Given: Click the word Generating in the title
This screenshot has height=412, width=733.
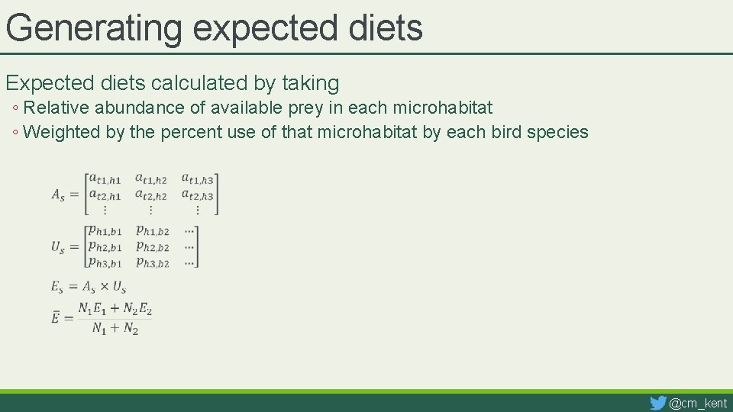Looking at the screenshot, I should tap(94, 28).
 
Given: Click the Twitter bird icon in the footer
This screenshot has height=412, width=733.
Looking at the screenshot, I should tap(657, 402).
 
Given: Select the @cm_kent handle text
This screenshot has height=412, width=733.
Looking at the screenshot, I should tap(698, 403).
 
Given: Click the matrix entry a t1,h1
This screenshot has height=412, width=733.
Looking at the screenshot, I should tap(105, 179).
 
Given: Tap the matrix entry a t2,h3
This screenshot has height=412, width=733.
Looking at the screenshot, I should tap(197, 195).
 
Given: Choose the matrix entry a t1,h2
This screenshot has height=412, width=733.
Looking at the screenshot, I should tap(150, 179).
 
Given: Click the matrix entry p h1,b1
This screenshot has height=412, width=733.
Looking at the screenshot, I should tap(105, 230).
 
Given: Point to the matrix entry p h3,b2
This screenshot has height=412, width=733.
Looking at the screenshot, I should tap(152, 262).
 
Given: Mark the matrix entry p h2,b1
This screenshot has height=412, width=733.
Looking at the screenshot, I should tap(105, 246).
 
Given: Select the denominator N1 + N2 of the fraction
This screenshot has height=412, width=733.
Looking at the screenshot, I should tap(115, 328).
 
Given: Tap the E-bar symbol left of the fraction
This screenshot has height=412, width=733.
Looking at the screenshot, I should tap(56, 317).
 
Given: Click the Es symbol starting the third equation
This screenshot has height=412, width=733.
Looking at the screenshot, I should tap(57, 287).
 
